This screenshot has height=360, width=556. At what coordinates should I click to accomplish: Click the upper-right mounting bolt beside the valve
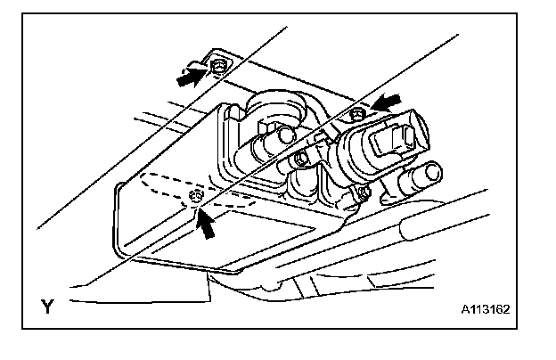coord(356,112)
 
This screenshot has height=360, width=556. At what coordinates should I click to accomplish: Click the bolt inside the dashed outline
coord(196,195)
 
